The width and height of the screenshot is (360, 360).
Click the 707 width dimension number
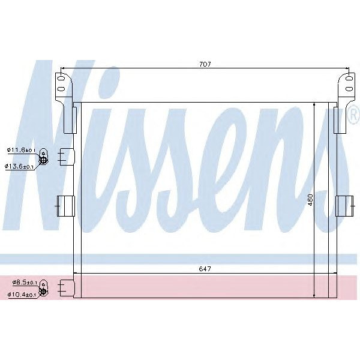click(x=206, y=64)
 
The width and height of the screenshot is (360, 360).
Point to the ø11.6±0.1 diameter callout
click(x=22, y=150)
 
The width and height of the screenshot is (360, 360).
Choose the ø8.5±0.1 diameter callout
click(x=23, y=281)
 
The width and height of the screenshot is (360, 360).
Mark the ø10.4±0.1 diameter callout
click(x=23, y=294)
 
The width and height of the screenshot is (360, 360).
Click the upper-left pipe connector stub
click(x=65, y=157)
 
